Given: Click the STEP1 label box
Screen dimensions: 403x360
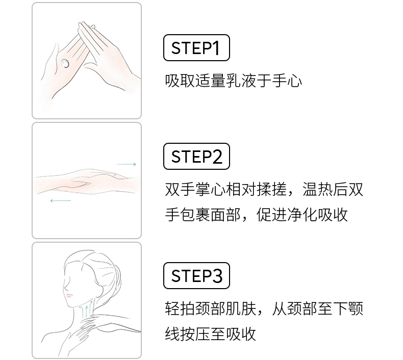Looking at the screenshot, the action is click(196, 48).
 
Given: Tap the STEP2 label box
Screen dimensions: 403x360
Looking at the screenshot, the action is click(196, 156).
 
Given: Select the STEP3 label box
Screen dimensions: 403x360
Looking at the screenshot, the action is click(196, 275).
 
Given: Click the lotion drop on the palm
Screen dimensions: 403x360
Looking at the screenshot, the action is click(64, 63).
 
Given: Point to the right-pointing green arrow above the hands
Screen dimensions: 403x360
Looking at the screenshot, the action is click(126, 164).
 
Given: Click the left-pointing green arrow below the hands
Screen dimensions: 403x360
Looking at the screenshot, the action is click(61, 200).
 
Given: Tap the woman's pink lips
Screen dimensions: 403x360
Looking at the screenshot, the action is click(70, 295).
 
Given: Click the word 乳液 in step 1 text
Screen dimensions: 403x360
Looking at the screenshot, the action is click(241, 81).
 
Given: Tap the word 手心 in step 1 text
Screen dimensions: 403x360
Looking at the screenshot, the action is click(287, 81).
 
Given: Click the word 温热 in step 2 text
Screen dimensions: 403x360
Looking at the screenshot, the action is click(317, 189).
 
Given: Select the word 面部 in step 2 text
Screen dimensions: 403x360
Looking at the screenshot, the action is click(225, 215).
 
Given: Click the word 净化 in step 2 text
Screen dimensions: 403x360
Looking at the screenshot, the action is click(302, 215).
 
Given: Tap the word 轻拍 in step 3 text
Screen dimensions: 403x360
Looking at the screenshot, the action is click(180, 308).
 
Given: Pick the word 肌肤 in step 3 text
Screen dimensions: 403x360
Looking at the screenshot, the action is click(241, 308).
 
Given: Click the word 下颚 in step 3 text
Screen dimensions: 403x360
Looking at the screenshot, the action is click(348, 308).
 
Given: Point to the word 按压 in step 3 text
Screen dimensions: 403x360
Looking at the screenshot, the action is click(195, 334).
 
